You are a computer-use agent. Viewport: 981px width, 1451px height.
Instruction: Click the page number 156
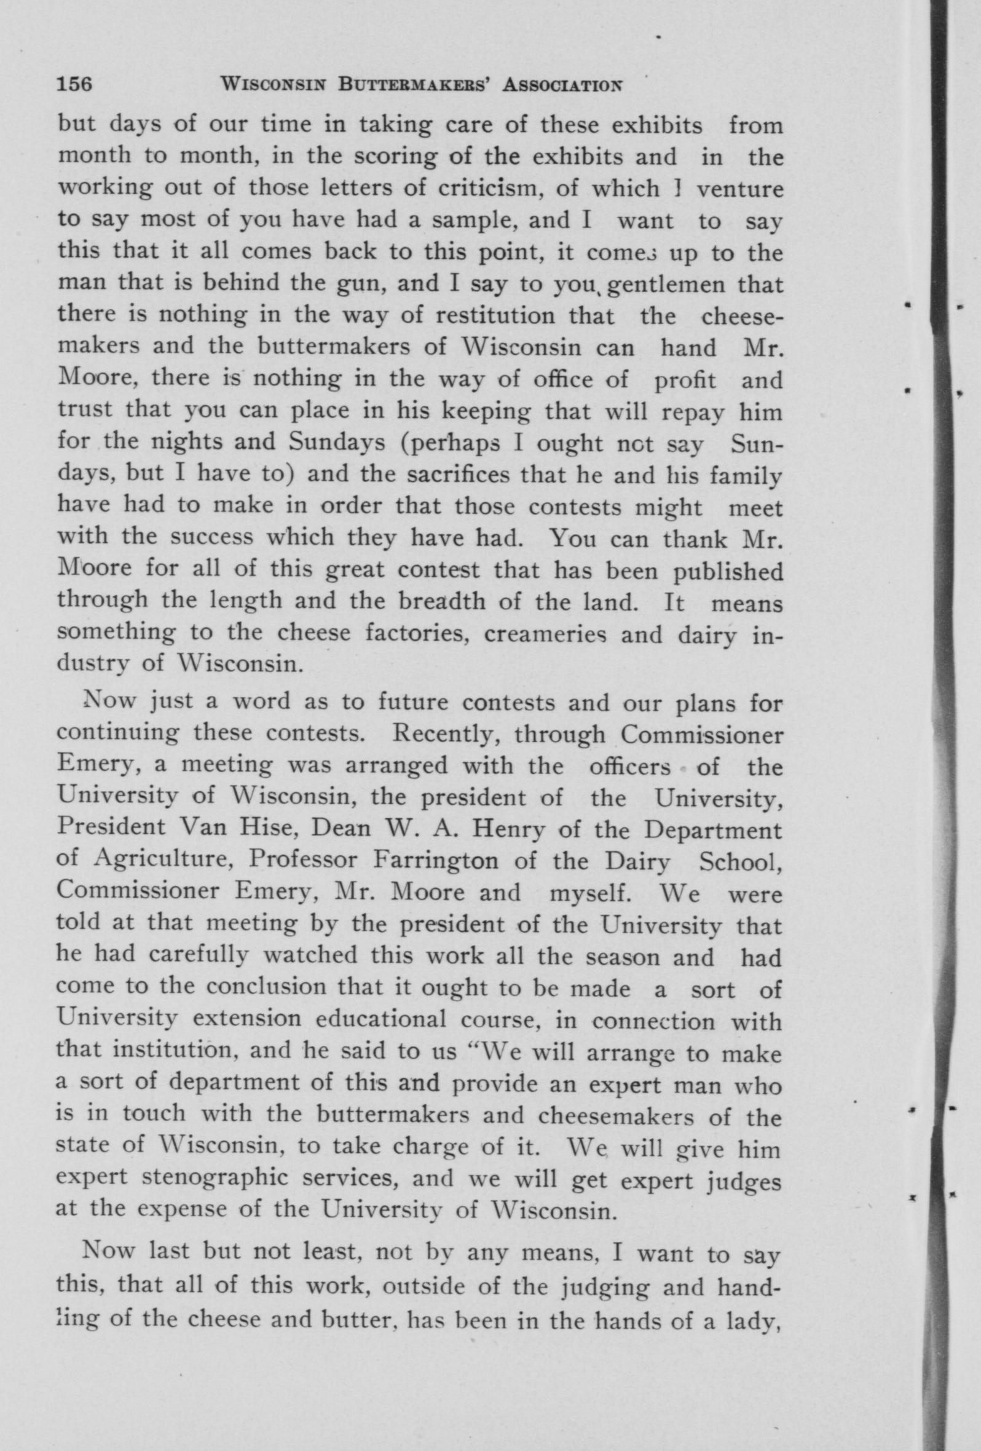tap(75, 84)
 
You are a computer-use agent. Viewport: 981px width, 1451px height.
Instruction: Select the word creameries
tap(537, 635)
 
